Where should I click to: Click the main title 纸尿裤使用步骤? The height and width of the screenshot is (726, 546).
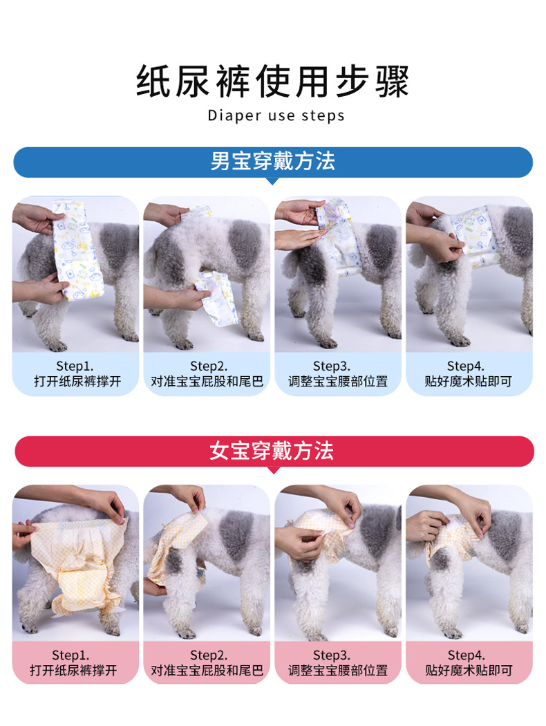pyautogui.click(x=273, y=82)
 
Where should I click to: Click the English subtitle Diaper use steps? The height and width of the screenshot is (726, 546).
pyautogui.click(x=276, y=115)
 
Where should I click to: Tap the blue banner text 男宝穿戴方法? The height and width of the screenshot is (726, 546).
pyautogui.click(x=273, y=162)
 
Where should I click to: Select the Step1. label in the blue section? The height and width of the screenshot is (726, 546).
pyautogui.click(x=75, y=366)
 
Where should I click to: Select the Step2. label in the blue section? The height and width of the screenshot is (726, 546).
pyautogui.click(x=208, y=366)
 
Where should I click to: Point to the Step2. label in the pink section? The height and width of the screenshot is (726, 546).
pyautogui.click(x=208, y=655)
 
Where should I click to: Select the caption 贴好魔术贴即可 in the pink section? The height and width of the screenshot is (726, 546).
pyautogui.click(x=469, y=671)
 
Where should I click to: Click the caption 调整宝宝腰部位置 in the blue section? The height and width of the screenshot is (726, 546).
pyautogui.click(x=338, y=382)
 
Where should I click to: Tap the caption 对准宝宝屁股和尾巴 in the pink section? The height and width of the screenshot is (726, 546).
pyautogui.click(x=207, y=671)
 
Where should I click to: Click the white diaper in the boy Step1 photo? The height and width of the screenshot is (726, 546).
pyautogui.click(x=78, y=249)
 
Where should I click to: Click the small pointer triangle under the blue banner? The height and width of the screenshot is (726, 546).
pyautogui.click(x=273, y=181)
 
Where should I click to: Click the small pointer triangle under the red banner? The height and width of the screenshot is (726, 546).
pyautogui.click(x=273, y=470)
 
